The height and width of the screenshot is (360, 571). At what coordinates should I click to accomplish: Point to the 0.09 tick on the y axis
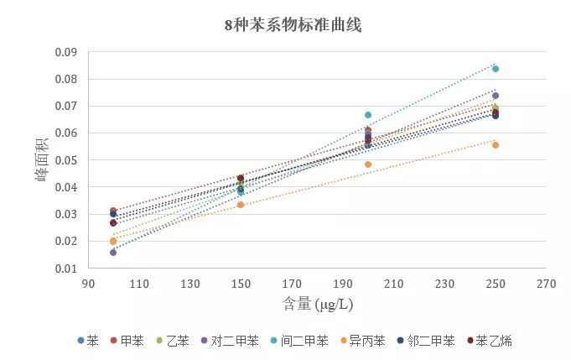click(66, 53)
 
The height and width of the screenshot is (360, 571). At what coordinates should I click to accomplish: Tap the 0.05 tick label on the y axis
click(66, 160)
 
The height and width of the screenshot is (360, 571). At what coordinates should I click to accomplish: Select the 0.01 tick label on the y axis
click(66, 269)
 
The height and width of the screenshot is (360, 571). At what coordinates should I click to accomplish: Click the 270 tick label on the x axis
click(547, 284)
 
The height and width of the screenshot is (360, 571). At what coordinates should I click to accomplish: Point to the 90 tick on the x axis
click(87, 284)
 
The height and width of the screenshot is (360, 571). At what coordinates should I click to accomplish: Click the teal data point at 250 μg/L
click(496, 69)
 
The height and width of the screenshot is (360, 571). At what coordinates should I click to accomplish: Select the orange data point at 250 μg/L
click(496, 145)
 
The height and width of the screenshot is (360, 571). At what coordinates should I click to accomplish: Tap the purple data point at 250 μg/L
click(496, 96)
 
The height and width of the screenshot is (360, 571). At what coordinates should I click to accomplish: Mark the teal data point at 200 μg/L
click(367, 115)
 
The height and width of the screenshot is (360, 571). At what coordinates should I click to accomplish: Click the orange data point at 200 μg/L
click(367, 164)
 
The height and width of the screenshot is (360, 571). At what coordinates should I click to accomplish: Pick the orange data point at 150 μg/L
click(241, 205)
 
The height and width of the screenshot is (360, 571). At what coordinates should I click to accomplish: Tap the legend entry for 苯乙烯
click(490, 341)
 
